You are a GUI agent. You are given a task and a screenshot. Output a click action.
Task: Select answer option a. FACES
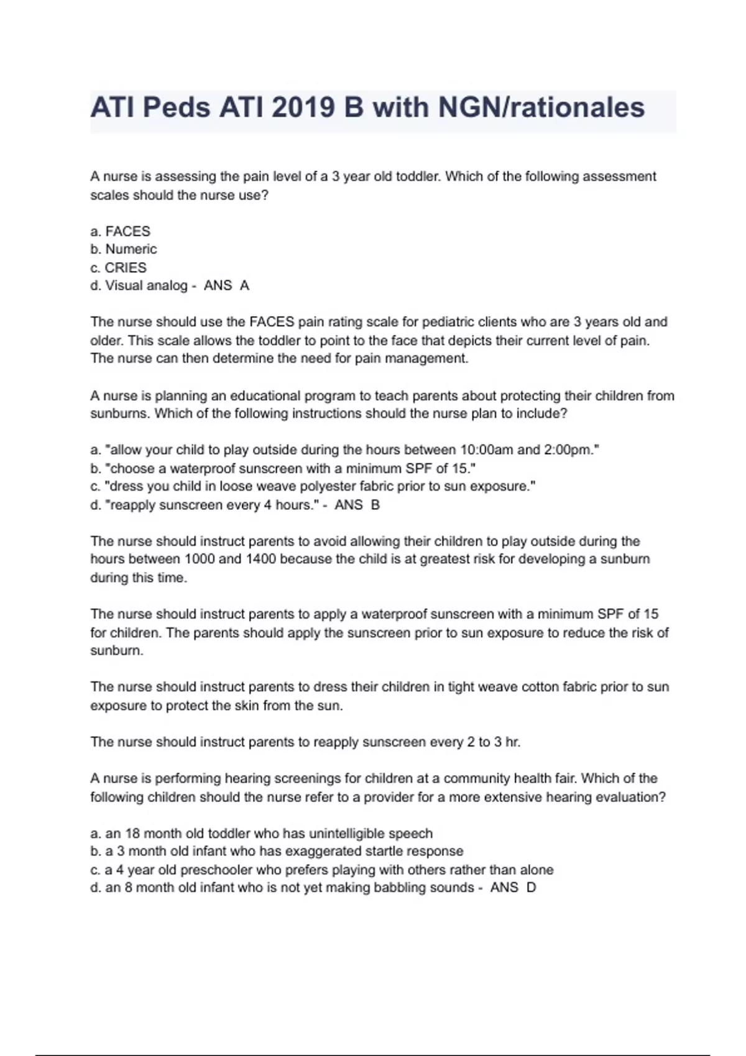[x=121, y=232]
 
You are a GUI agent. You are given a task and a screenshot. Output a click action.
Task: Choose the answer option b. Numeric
[x=124, y=250]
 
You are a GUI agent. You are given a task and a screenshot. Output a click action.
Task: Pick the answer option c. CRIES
[x=119, y=268]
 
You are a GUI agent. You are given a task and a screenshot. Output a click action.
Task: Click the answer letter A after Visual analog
[x=244, y=286]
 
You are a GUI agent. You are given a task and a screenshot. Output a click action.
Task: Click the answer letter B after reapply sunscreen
[x=375, y=505]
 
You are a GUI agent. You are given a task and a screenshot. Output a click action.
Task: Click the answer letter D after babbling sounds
[x=531, y=888]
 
